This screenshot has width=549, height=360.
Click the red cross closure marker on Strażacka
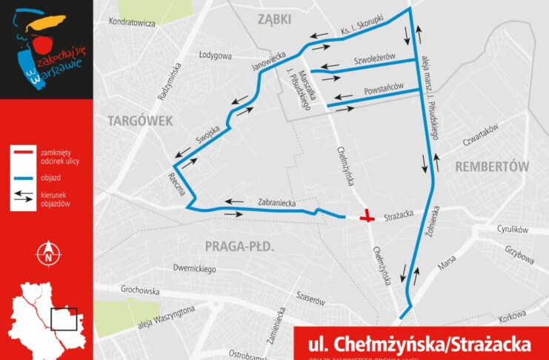coord(367,217)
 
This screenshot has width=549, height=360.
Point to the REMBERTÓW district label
coord(492,166)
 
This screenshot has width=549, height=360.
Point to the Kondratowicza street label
coord(131,23)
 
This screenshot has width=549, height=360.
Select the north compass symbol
coord(47,253)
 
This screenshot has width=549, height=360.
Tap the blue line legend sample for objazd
coord(24,177)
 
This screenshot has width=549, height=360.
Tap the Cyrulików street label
coord(512,230)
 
